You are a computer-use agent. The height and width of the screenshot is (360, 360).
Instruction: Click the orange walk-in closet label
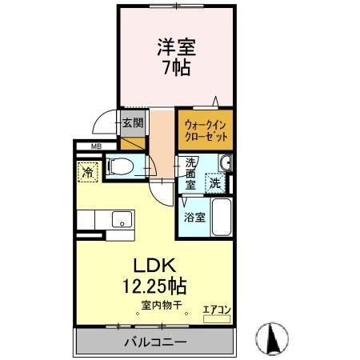(x=206, y=130)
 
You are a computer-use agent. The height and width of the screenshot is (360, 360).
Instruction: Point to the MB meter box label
(x=96, y=146)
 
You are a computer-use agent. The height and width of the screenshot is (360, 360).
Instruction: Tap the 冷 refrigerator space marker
(x=86, y=170)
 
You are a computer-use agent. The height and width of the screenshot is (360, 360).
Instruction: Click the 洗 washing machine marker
(x=215, y=183)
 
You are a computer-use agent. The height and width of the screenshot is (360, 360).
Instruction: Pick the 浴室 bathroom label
(x=192, y=216)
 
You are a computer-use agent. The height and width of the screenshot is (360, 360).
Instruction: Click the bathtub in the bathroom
(x=222, y=216)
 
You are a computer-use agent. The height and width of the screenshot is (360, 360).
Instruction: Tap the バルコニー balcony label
(x=155, y=342)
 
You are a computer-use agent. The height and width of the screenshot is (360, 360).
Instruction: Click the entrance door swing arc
(x=102, y=122)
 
